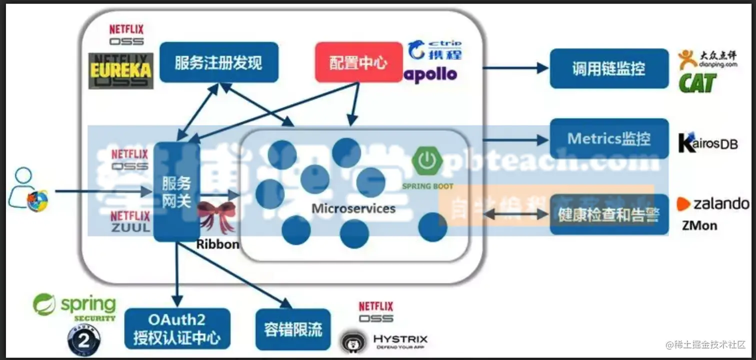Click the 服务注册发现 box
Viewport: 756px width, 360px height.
(218, 62)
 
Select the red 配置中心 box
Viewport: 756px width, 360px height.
(358, 62)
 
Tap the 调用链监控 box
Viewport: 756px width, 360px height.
(608, 68)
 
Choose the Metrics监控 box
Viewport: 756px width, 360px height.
(608, 138)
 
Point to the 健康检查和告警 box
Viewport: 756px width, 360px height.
(608, 215)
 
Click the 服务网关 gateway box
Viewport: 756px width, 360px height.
(176, 192)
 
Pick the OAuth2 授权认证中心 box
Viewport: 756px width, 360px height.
(177, 328)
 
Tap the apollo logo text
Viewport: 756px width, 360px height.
(430, 75)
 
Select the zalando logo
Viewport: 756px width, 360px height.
(712, 204)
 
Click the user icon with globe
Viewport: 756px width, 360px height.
(28, 190)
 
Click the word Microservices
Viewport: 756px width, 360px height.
(353, 208)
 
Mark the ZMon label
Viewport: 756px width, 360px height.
(699, 225)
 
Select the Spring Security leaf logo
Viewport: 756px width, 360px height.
(44, 304)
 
